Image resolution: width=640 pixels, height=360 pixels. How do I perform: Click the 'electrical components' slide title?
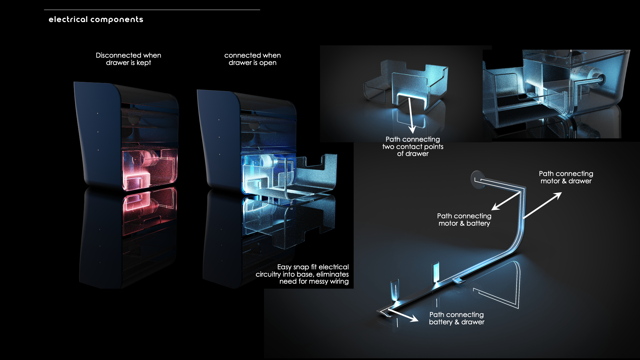pyautogui.click(x=96, y=19)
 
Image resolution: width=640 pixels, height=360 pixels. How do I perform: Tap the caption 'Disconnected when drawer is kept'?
pyautogui.click(x=128, y=59)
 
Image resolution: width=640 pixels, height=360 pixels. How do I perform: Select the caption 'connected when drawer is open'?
pyautogui.click(x=252, y=59)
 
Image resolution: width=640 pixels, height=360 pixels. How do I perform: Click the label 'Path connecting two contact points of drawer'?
pyautogui.click(x=413, y=146)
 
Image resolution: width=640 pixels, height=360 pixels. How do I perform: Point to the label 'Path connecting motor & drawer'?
pyautogui.click(x=566, y=177)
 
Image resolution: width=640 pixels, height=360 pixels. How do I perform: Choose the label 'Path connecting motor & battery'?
pyautogui.click(x=464, y=220)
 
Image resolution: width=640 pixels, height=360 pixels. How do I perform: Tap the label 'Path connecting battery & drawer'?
pyautogui.click(x=456, y=318)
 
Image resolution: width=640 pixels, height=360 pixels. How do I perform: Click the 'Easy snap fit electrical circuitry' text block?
pyautogui.click(x=302, y=274)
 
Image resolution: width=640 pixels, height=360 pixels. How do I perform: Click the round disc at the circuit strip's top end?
pyautogui.click(x=477, y=179)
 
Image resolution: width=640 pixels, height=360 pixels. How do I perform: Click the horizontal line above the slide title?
pyautogui.click(x=152, y=10)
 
